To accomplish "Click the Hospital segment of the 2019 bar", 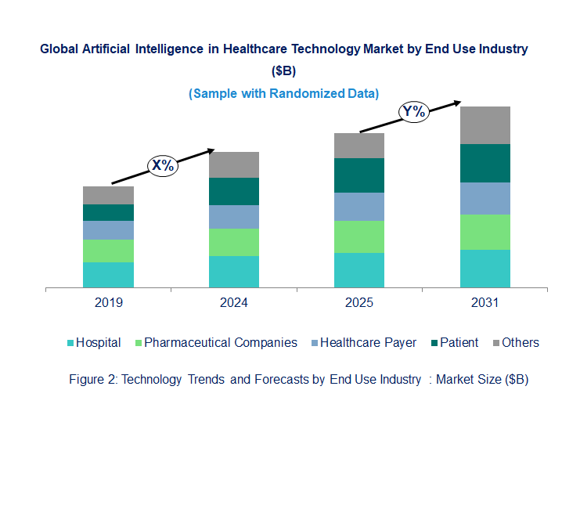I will pos(108,275).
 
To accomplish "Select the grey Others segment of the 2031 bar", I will pos(485,125).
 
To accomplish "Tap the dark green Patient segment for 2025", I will pos(359,175).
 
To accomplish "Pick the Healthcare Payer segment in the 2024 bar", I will pos(233,217).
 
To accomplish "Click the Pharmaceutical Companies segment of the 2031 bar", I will pos(485,232).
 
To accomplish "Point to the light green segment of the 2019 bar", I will pos(108,251).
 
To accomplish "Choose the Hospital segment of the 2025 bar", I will pos(359,270).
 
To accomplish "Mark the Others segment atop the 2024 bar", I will pos(233,164).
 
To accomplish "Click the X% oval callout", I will pos(163,165).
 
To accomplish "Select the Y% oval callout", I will pos(413,112).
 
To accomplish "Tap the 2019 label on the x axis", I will pos(108,303).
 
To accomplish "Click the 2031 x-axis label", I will pos(485,303).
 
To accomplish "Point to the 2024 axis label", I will pos(233,303).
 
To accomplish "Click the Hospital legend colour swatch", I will pos(70,343).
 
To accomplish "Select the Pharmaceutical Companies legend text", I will pos(221,342).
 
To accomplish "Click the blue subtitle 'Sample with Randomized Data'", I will pos(283,93).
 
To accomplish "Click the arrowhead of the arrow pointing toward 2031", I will pos(456,102).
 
